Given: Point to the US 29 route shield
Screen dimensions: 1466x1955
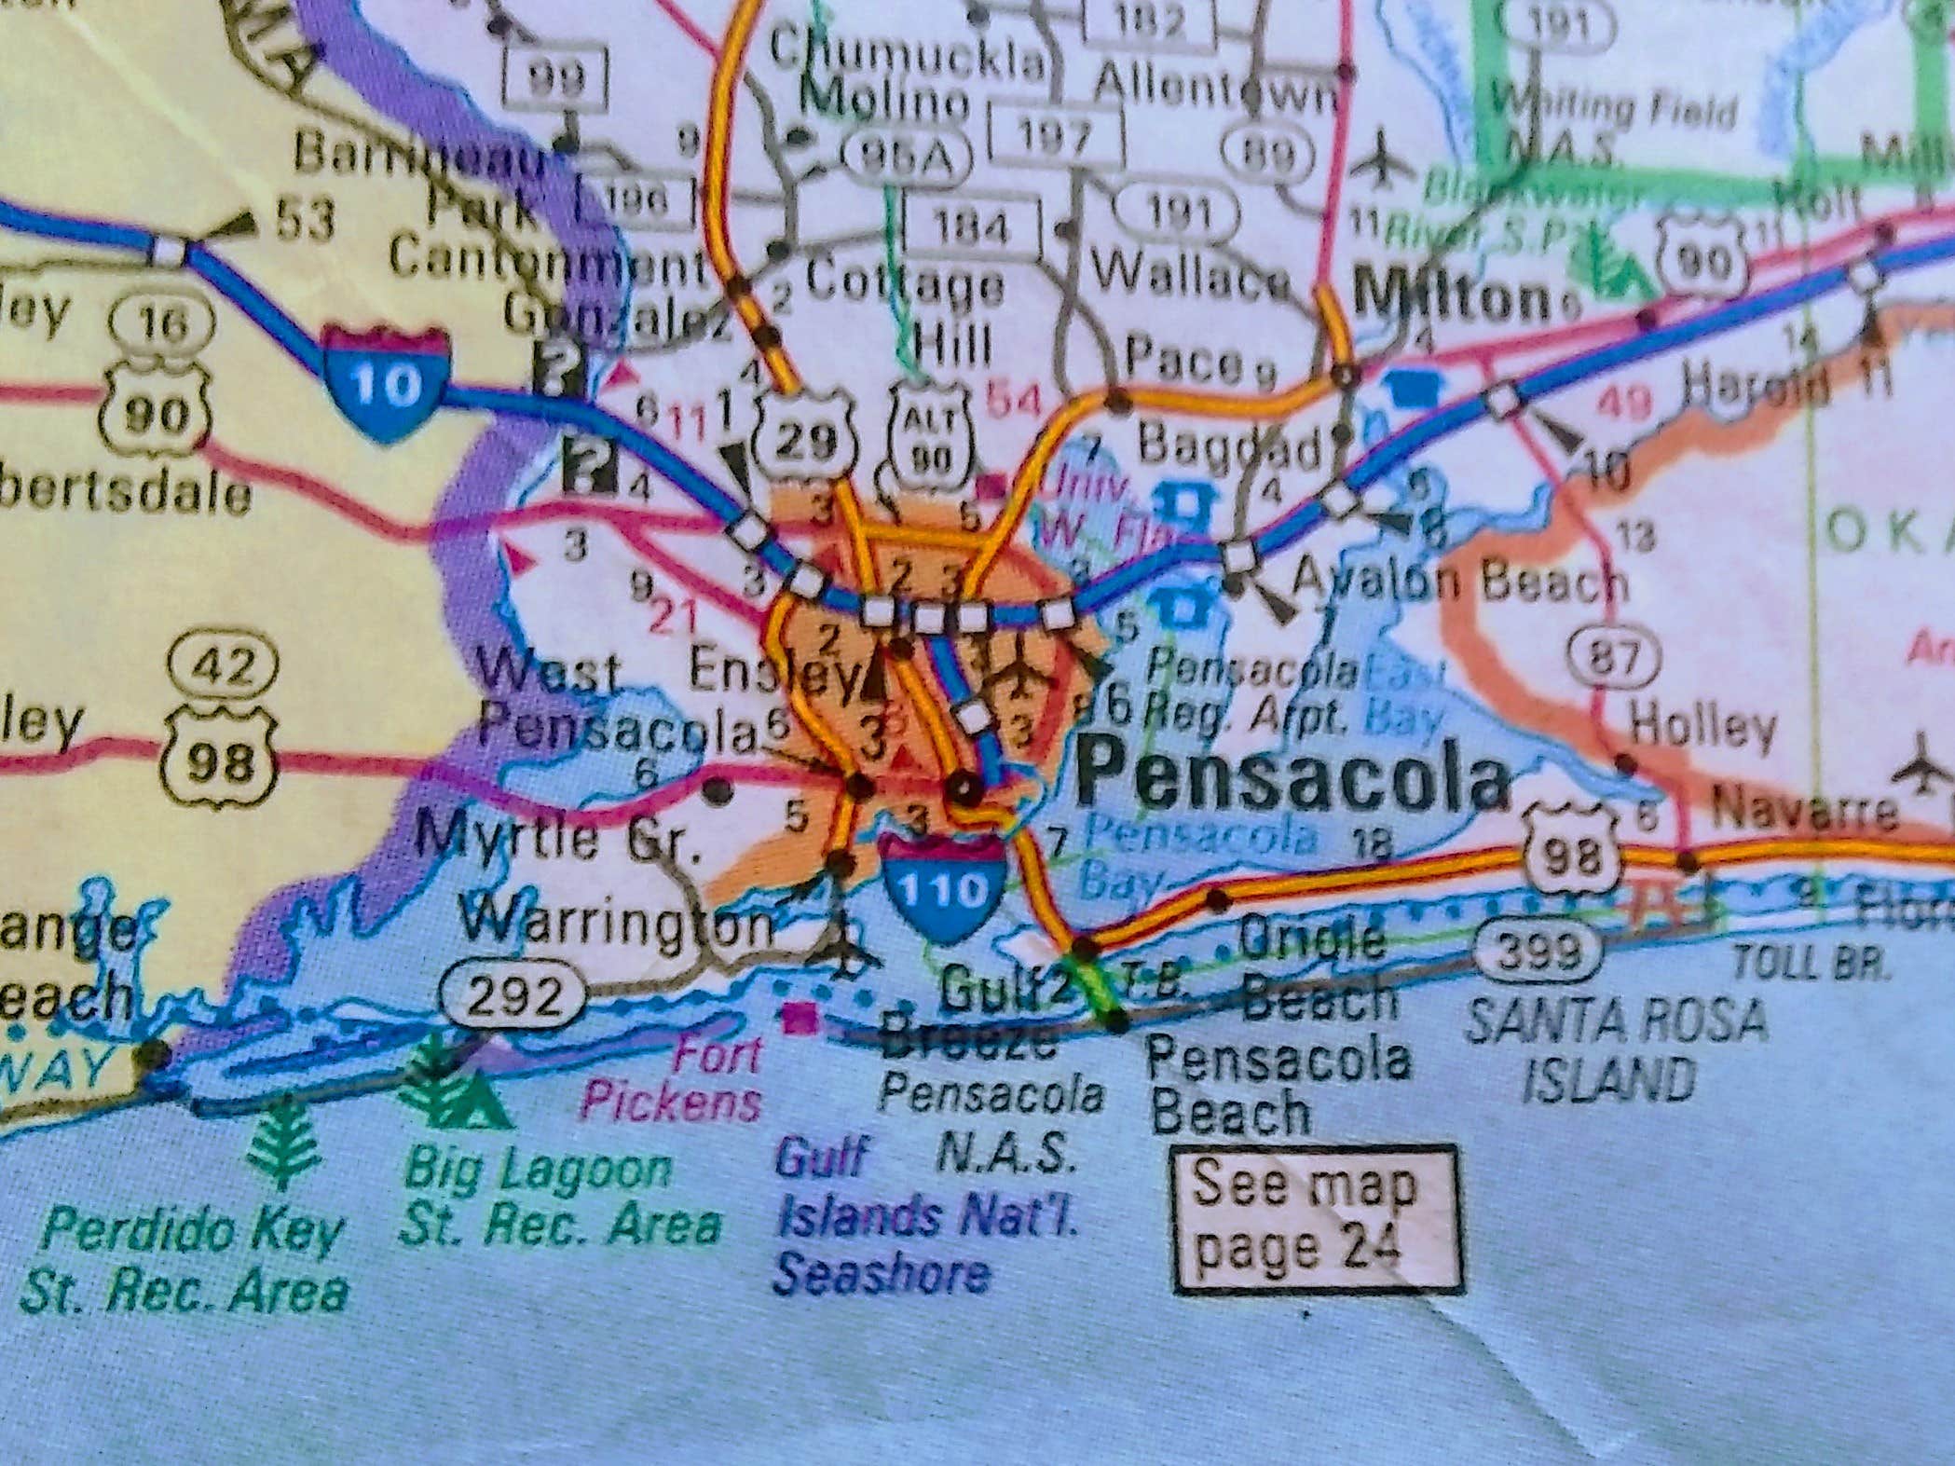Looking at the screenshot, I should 808,438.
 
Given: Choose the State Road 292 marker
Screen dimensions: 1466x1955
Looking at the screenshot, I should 513,998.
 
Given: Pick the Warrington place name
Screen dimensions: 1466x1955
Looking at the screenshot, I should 619,926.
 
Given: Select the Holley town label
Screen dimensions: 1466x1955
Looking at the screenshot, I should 1702,724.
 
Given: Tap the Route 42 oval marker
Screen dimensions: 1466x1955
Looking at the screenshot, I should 224,665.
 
